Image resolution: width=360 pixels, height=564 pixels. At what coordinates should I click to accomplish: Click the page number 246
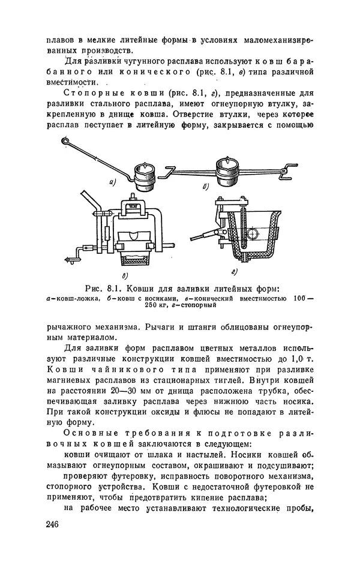click(x=52, y=524)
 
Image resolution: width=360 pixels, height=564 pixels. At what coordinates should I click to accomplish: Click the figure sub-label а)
click(x=113, y=181)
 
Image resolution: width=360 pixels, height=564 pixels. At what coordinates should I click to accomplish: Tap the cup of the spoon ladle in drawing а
click(x=144, y=173)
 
